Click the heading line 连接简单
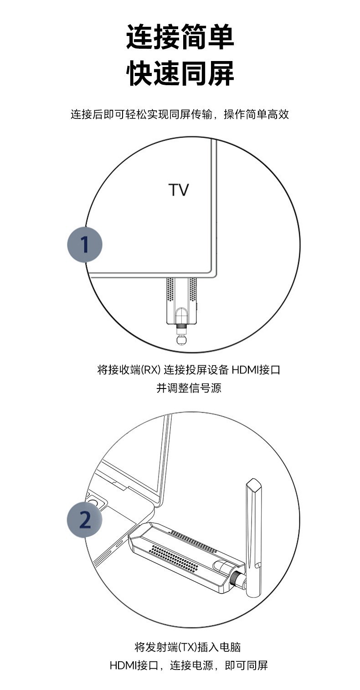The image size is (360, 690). click(180, 37)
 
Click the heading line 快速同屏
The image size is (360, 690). click(180, 74)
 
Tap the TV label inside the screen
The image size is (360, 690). click(179, 190)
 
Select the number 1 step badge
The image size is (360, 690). click(85, 244)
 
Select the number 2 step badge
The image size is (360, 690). click(85, 520)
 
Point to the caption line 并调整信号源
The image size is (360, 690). click(189, 388)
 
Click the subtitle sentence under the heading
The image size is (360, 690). click(180, 114)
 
